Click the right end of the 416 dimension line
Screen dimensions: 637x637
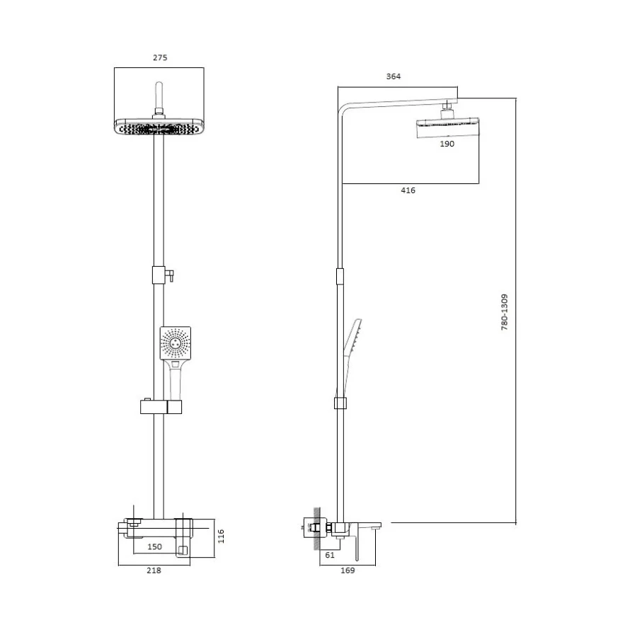click(x=479, y=183)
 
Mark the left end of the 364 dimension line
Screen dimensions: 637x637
click(x=338, y=86)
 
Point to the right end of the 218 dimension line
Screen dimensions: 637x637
click(x=190, y=565)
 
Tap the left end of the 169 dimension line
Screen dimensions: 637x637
click(x=320, y=565)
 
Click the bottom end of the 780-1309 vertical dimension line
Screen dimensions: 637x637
click(x=516, y=523)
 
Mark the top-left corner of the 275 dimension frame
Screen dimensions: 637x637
click(x=115, y=68)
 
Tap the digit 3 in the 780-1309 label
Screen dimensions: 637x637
click(x=504, y=306)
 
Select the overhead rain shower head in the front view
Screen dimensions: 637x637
click(x=159, y=127)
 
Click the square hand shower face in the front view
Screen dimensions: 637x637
click(x=176, y=343)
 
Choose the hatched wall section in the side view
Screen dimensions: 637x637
click(x=316, y=529)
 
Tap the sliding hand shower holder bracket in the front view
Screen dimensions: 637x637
click(x=161, y=407)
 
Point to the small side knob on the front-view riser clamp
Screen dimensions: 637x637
click(x=171, y=275)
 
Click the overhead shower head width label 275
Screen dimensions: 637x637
click(x=160, y=58)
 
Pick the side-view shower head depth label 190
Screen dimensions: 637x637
click(x=447, y=144)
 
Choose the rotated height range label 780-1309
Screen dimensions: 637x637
click(x=504, y=312)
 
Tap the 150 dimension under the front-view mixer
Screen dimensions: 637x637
click(x=155, y=547)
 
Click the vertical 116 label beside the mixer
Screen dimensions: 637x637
click(x=221, y=536)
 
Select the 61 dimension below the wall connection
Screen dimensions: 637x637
click(x=330, y=555)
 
